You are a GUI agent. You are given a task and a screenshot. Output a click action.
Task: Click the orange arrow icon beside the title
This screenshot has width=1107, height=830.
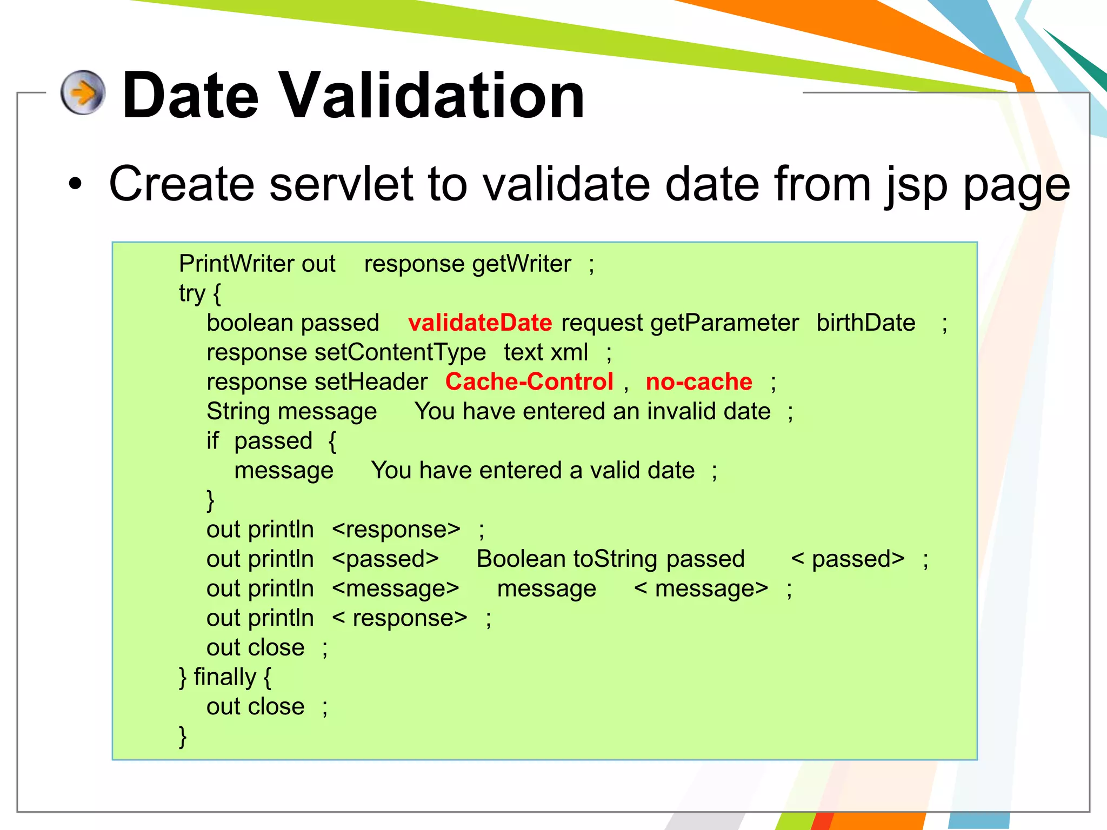[83, 92]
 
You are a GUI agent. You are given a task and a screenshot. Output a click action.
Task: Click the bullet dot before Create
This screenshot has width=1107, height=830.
[75, 184]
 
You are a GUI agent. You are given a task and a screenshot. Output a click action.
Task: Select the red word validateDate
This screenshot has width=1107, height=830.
[479, 323]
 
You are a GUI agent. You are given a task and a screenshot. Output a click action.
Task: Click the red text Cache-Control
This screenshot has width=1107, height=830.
[529, 381]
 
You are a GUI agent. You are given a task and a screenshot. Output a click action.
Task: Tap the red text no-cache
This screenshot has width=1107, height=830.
[698, 381]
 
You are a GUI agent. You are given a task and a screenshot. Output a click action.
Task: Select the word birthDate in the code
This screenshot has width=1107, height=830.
[865, 323]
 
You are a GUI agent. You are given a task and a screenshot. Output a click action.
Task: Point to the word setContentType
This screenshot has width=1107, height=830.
[400, 352]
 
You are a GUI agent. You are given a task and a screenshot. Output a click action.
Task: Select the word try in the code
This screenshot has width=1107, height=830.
[192, 293]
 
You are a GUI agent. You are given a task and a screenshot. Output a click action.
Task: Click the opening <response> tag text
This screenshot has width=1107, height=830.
[396, 530]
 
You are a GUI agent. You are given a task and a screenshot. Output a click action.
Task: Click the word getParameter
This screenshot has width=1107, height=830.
[724, 323]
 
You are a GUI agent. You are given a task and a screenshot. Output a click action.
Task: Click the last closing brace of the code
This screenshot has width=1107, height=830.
[183, 736]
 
